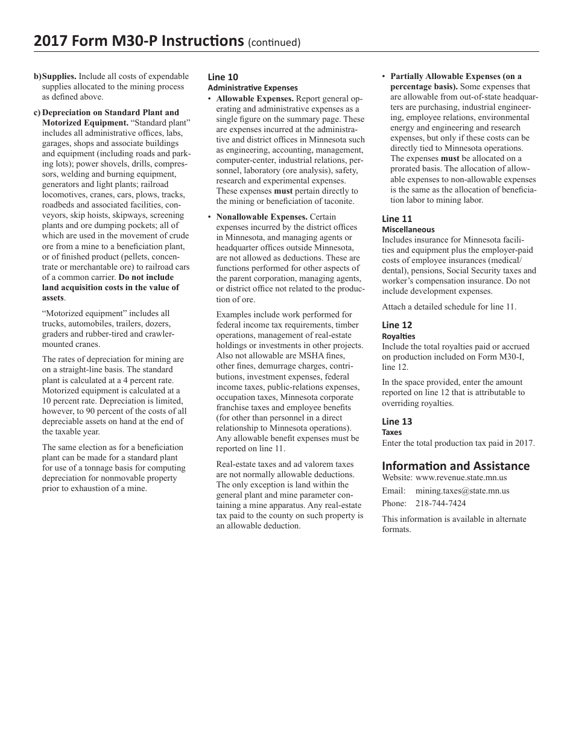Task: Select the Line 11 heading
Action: pos(397,219)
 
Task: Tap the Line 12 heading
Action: pos(397,325)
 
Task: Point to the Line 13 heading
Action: pos(397,422)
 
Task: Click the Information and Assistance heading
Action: pos(455,466)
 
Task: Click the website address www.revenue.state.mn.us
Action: pos(461,478)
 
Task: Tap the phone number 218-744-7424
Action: pos(440,503)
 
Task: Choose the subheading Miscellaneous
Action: pos(408,229)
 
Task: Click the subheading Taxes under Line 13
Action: pos(391,432)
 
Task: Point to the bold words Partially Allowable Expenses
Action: pos(456,77)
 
